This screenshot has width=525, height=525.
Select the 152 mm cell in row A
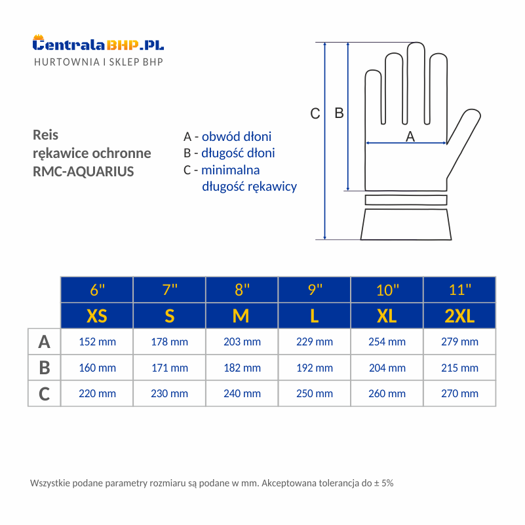(97, 341)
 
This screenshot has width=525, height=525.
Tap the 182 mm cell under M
(242, 368)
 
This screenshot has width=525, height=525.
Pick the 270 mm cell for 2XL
(459, 393)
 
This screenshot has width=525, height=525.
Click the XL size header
(387, 316)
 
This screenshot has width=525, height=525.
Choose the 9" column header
(315, 290)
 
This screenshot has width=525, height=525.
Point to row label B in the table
(44, 368)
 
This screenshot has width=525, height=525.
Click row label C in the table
(44, 393)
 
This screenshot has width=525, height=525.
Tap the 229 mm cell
(315, 341)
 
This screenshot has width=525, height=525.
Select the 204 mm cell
(387, 368)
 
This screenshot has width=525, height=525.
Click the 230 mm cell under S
(169, 393)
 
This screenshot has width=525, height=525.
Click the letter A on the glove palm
(410, 136)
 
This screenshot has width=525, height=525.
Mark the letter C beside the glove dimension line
(315, 113)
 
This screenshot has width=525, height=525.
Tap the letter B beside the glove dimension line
(339, 113)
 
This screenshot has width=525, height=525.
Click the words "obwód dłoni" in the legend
(237, 136)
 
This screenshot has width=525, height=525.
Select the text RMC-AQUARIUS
(83, 172)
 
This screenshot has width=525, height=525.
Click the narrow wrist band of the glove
(406, 200)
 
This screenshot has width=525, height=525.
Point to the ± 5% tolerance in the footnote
(383, 483)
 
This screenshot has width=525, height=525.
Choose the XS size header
(97, 316)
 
